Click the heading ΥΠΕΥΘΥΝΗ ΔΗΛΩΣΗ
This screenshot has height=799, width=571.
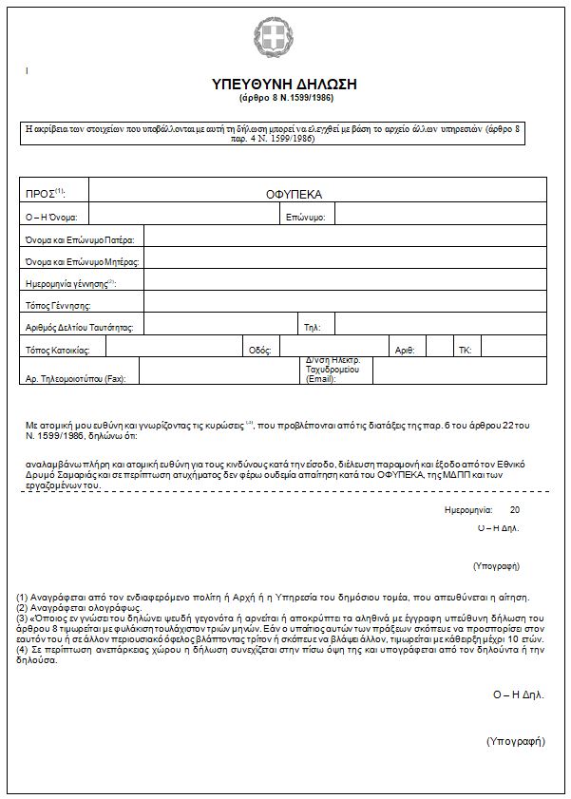286,86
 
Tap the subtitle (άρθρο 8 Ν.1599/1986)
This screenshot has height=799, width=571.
286,98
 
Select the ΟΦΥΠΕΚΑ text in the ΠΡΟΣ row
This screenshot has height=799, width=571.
295,194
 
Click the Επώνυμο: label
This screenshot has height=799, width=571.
305,218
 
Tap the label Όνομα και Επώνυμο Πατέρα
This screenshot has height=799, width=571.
80,239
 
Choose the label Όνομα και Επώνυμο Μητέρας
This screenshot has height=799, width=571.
83,261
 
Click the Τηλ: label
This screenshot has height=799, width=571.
313,328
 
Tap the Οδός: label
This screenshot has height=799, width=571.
259,350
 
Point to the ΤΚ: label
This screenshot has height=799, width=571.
465,350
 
